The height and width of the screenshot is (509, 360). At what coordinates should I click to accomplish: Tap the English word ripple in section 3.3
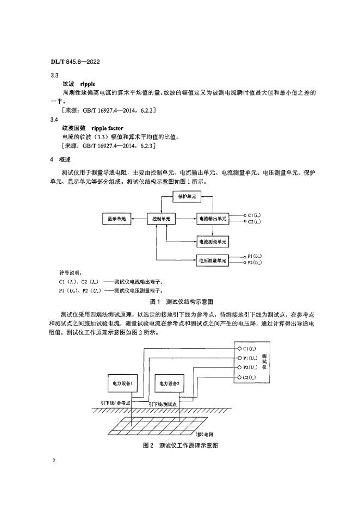89,85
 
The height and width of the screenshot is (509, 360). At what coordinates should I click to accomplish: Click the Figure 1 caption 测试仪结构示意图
188,300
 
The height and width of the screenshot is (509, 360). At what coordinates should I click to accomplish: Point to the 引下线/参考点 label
117,404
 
